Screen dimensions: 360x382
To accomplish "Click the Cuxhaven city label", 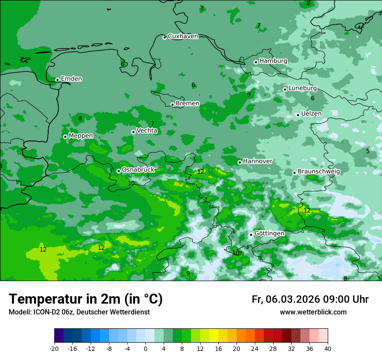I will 183,36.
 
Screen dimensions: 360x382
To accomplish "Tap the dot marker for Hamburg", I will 256,62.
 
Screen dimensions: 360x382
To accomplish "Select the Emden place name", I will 71,79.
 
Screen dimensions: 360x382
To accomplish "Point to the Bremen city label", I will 188,104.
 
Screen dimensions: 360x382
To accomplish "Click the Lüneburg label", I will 303,88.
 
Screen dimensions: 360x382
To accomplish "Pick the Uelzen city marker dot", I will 298,115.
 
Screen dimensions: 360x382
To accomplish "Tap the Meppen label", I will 81,136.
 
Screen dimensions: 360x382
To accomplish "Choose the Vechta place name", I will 147,131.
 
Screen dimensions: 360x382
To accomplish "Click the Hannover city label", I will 257,161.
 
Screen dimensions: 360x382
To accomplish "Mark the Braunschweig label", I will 319,171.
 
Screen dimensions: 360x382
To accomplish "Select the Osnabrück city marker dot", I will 119,171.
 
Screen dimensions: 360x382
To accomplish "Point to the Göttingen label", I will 269,233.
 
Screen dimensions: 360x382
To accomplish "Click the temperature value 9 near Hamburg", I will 249,95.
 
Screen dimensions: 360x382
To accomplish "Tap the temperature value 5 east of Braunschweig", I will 368,151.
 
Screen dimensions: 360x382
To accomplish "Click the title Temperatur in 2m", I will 86,299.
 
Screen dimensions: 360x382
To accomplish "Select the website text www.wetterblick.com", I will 313,312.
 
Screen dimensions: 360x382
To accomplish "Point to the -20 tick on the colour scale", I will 54,348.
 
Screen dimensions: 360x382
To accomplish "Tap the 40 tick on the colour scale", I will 328,348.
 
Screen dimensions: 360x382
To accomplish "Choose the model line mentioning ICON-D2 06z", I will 79,312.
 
